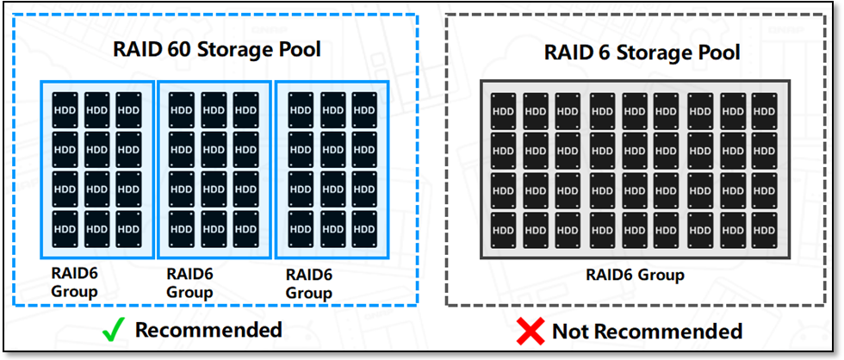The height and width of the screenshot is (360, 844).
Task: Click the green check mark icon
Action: (114, 329)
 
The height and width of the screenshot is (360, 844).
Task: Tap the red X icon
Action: (530, 331)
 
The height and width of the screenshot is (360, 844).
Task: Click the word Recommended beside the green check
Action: (208, 329)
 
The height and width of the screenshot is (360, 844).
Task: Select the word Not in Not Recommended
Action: (572, 332)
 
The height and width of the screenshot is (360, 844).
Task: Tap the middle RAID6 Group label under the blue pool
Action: (189, 282)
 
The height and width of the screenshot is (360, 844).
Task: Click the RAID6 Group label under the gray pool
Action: (635, 276)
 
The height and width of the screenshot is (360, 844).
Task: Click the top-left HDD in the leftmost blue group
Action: (65, 109)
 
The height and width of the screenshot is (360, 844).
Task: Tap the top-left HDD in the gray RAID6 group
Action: (503, 111)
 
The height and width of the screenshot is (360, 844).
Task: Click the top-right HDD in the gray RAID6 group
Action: (764, 111)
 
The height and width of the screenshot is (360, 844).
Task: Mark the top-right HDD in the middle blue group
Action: (245, 109)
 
